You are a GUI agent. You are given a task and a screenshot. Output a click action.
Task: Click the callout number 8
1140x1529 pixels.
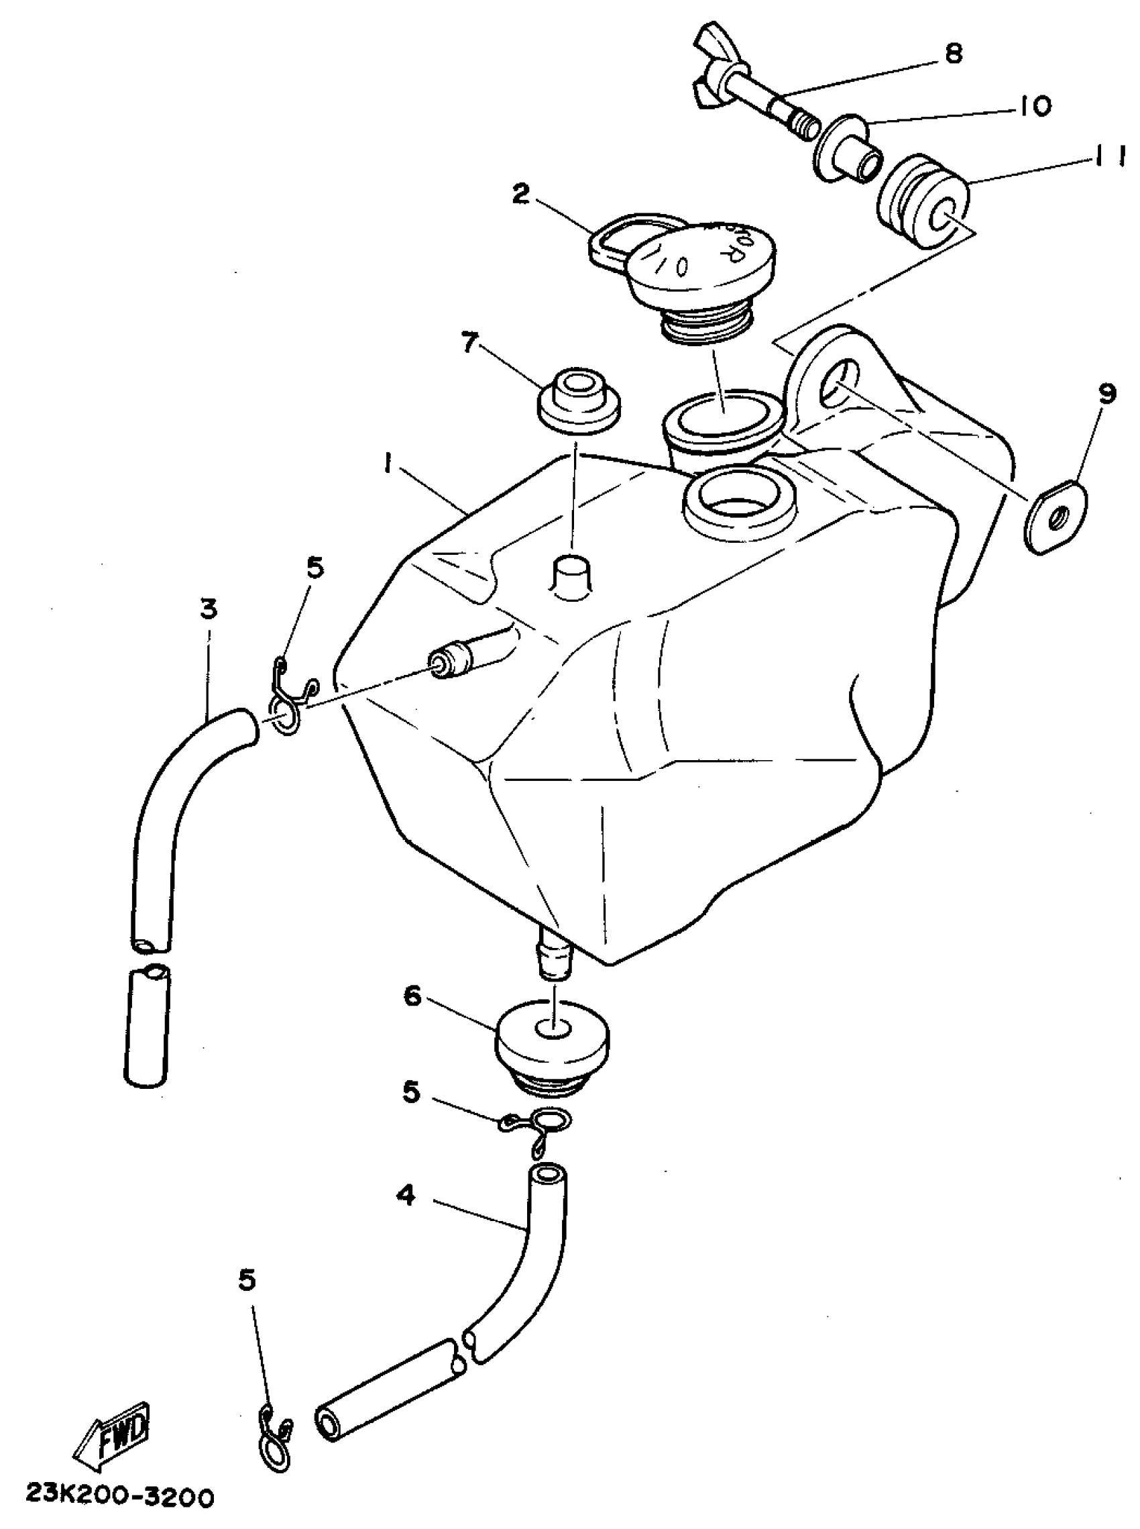coord(953,54)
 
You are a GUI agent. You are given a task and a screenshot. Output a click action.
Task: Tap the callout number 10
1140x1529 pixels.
coord(1032,105)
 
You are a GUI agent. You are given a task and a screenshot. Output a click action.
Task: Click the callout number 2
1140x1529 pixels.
coord(521,195)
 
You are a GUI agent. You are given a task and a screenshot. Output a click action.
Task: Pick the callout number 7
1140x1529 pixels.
coord(471,343)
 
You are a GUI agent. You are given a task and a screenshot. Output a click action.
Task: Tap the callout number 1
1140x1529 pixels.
coord(388,468)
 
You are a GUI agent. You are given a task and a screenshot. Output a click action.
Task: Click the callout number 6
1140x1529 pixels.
coord(412,998)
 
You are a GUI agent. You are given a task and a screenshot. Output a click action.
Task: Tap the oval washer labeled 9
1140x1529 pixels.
coord(1056,516)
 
